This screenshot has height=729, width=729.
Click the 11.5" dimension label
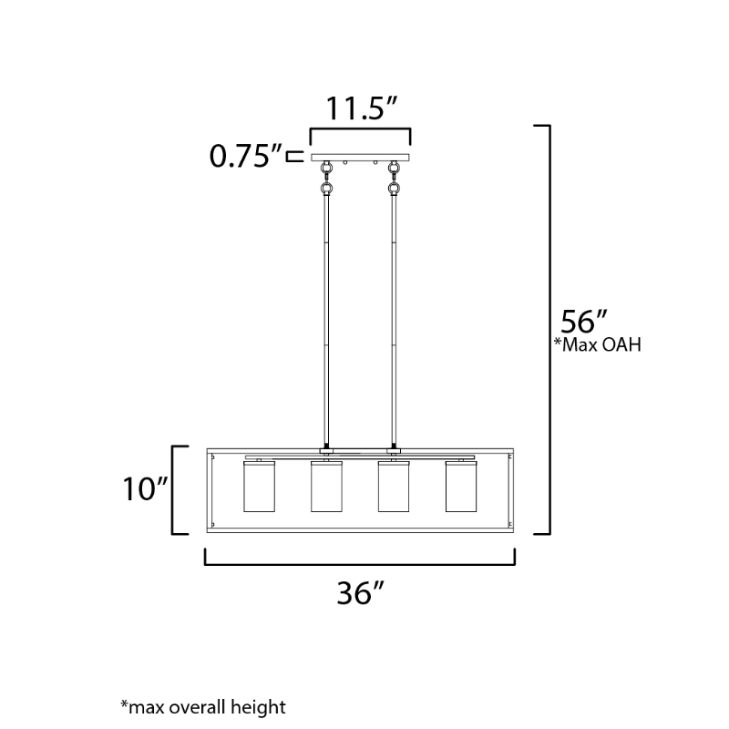pyautogui.click(x=362, y=108)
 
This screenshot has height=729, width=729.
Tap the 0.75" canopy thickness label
pyautogui.click(x=246, y=156)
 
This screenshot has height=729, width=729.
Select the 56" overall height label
pyautogui.click(x=584, y=321)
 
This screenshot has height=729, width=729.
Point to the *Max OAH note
pyautogui.click(x=598, y=344)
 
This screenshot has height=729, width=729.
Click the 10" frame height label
pyautogui.click(x=145, y=488)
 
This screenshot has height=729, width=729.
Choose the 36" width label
pyautogui.click(x=360, y=593)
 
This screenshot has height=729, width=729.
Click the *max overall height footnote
pyautogui.click(x=203, y=707)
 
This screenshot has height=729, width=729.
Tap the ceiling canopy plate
pyautogui.click(x=360, y=158)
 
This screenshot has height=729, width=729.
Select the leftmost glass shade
pyautogui.click(x=259, y=487)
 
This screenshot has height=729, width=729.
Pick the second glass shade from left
pyautogui.click(x=326, y=487)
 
